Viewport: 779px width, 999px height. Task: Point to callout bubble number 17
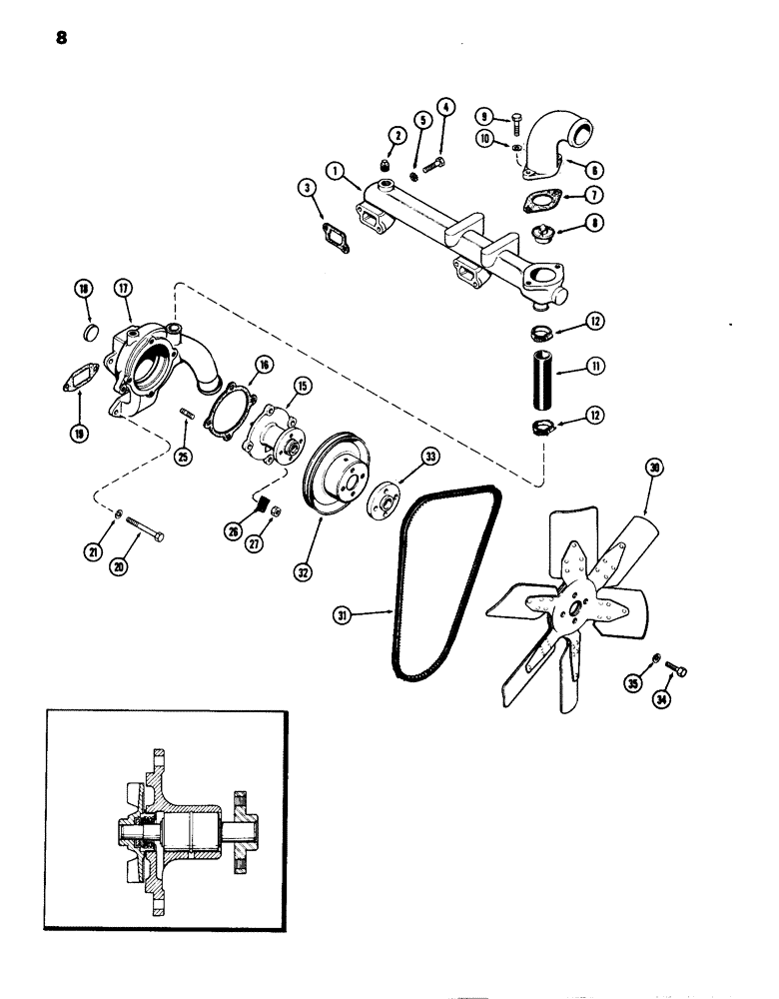tap(124, 290)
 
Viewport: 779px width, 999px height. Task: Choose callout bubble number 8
tap(595, 225)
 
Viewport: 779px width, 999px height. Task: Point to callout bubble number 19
tap(78, 433)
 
